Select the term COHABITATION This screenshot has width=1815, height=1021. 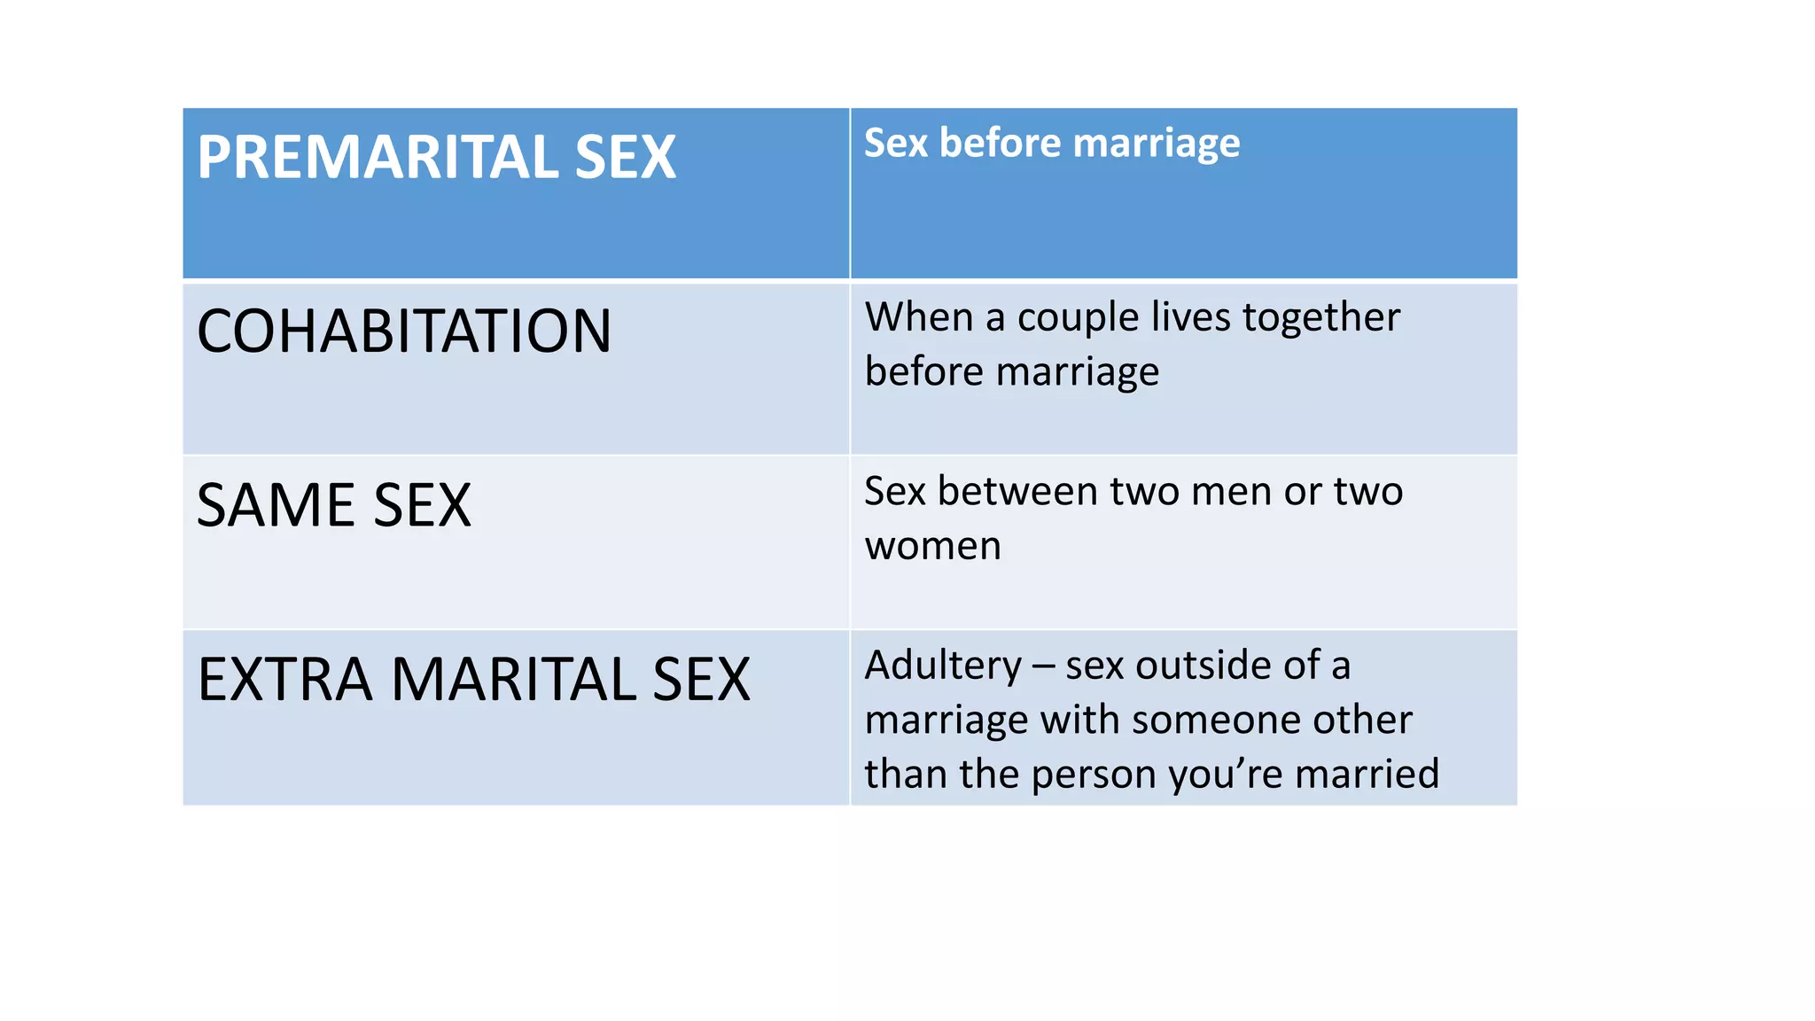[404, 331]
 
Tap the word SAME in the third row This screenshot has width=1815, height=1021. [274, 505]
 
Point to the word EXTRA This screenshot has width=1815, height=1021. [284, 680]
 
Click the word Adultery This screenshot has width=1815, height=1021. [943, 666]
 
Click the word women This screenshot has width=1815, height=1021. [933, 546]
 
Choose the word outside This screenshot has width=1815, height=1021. [1202, 666]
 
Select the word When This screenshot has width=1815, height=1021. [919, 316]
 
